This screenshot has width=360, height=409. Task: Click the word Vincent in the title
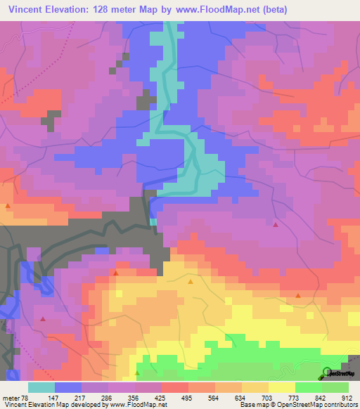click(28, 10)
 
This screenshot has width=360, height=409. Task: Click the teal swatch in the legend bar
click(41, 387)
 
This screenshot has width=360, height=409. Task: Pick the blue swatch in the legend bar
click(68, 387)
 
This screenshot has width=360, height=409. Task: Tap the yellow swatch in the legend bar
click(282, 387)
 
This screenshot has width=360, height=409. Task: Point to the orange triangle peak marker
click(191, 282)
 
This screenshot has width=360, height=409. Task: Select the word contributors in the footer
click(338, 405)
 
